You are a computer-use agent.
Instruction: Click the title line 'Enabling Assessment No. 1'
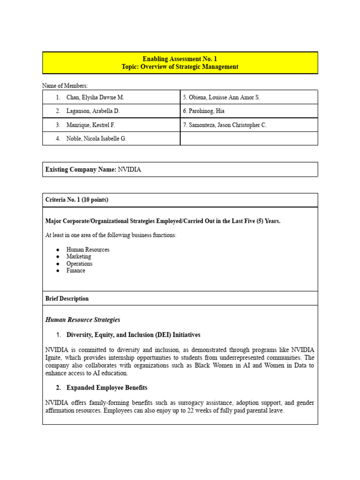coord(180,59)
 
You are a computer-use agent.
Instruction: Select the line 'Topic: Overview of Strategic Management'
coord(180,67)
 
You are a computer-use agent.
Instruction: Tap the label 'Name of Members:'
coord(65,86)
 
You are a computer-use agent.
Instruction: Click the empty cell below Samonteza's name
coord(249,139)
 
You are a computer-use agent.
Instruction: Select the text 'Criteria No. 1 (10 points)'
coord(76,200)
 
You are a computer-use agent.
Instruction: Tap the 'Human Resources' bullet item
coord(88,250)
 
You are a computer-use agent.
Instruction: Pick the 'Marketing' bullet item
coord(79,257)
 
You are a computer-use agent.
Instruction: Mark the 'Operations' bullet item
coord(79,264)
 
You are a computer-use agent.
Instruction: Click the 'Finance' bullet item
coord(75,271)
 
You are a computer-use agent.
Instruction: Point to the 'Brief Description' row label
coord(67,299)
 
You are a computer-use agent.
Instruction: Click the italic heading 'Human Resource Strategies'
coord(82,320)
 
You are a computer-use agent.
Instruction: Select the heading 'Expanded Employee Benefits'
coord(107,388)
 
